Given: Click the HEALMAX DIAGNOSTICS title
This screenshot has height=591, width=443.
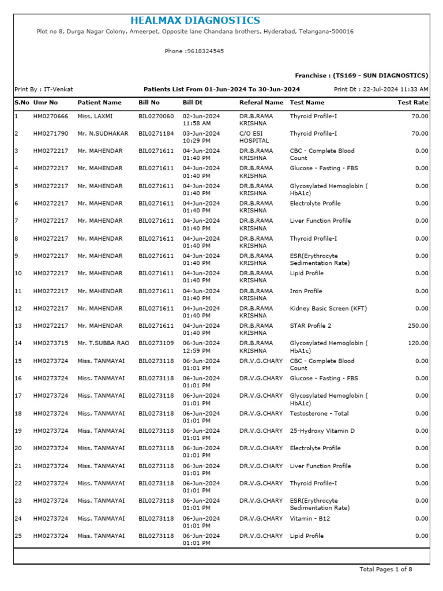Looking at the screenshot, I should click(x=195, y=21).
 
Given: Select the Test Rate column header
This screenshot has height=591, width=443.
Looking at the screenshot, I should click(x=413, y=103).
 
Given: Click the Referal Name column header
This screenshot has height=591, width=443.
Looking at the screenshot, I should click(x=261, y=103).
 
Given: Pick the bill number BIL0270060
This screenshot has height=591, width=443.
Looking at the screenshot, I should click(x=156, y=116).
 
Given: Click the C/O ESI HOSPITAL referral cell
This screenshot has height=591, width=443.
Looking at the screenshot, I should click(x=254, y=137).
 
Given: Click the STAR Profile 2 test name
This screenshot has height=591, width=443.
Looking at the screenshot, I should click(x=310, y=326).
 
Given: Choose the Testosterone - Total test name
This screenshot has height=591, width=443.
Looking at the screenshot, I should click(x=319, y=414).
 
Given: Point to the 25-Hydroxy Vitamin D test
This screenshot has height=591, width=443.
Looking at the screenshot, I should click(x=322, y=431).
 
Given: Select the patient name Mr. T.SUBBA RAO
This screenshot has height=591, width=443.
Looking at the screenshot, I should click(x=103, y=343).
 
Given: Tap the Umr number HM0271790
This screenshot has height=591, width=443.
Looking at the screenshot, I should click(x=51, y=134).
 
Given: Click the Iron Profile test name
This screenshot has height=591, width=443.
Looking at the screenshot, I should click(x=306, y=291).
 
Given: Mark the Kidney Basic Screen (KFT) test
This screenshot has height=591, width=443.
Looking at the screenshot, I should click(x=328, y=309).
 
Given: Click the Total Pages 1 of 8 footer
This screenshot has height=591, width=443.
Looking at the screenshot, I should click(x=385, y=570).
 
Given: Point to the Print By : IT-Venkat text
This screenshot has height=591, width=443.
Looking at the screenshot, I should click(x=43, y=89).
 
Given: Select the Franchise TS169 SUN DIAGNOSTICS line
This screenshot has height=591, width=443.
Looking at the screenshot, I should click(x=361, y=76).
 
